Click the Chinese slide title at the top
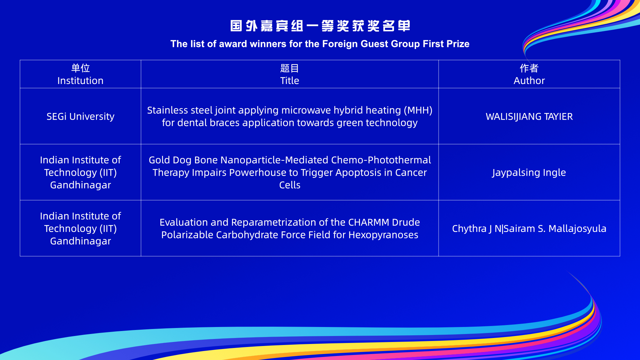[x=320, y=26]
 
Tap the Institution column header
[x=80, y=74]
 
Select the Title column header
[x=290, y=74]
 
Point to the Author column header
[x=529, y=74]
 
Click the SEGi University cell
[x=80, y=116]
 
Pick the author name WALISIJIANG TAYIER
[x=529, y=117]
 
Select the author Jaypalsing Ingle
[x=529, y=173]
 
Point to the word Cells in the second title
[x=290, y=185]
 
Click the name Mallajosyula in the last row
[x=577, y=229]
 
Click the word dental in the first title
[x=189, y=123]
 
